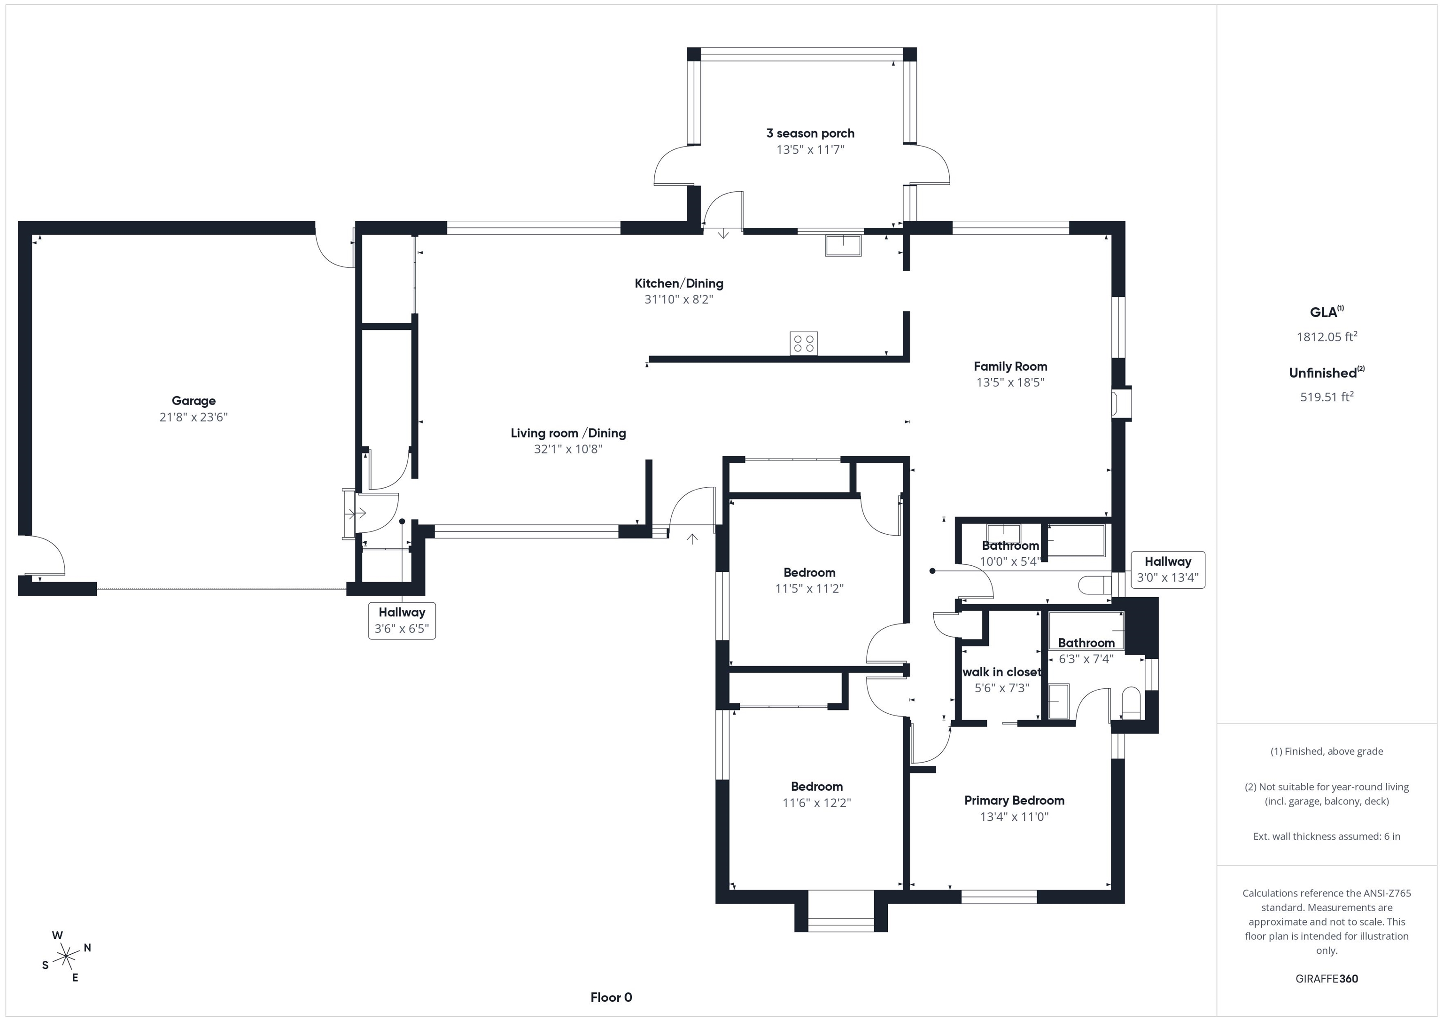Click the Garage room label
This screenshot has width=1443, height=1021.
click(194, 400)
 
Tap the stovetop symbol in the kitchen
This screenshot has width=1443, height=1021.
click(804, 343)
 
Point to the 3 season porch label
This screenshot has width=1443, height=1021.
click(810, 133)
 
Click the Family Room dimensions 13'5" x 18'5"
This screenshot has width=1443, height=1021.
click(1010, 382)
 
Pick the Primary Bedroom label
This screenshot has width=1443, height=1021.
click(1014, 800)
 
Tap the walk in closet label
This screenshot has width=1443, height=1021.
click(1002, 672)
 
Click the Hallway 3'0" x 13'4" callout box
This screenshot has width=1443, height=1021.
click(1168, 569)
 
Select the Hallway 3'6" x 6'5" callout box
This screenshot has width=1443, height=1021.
click(402, 621)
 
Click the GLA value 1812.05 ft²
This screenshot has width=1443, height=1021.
click(1327, 336)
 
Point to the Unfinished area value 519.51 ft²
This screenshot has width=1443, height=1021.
click(1327, 397)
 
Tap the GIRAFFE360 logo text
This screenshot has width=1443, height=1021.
click(1327, 979)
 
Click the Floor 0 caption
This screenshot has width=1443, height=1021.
click(611, 998)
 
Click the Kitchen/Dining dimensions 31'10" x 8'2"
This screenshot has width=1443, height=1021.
click(679, 299)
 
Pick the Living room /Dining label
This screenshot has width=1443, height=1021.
click(568, 433)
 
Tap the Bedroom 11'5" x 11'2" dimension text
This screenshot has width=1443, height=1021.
click(809, 588)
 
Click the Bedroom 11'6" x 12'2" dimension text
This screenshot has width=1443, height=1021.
click(816, 803)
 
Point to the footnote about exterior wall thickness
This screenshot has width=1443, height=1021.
click(1327, 836)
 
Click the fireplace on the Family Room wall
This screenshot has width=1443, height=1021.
click(1122, 403)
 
